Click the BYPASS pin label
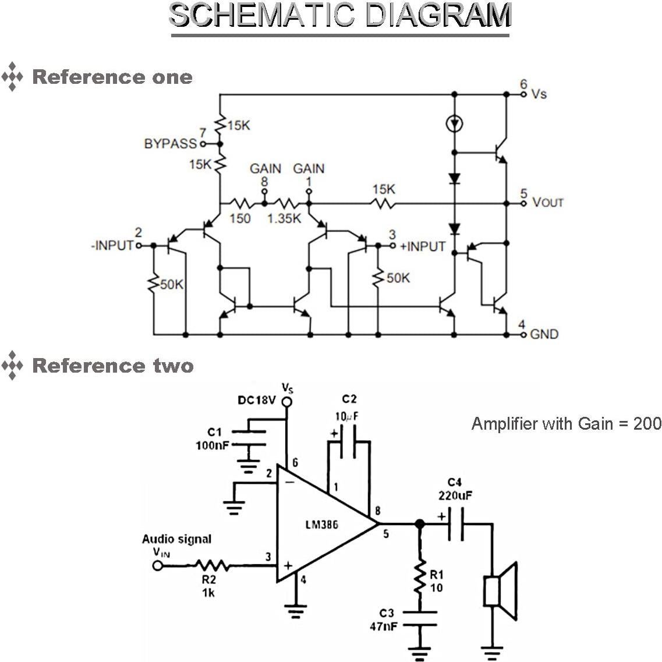tap(170, 144)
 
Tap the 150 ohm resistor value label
tap(240, 218)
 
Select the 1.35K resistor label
tap(284, 218)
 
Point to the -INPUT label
tap(112, 246)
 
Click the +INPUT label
tap(423, 246)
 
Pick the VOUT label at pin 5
tap(548, 203)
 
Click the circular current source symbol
tap(454, 123)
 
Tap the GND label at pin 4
tap(544, 334)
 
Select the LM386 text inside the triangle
tap(321, 525)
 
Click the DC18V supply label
tap(256, 401)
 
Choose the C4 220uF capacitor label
tap(455, 489)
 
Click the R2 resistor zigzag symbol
tap(212, 565)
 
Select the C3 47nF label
tap(384, 620)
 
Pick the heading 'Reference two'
tap(112, 366)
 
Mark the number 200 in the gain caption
tap(647, 423)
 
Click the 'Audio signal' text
tap(176, 539)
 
